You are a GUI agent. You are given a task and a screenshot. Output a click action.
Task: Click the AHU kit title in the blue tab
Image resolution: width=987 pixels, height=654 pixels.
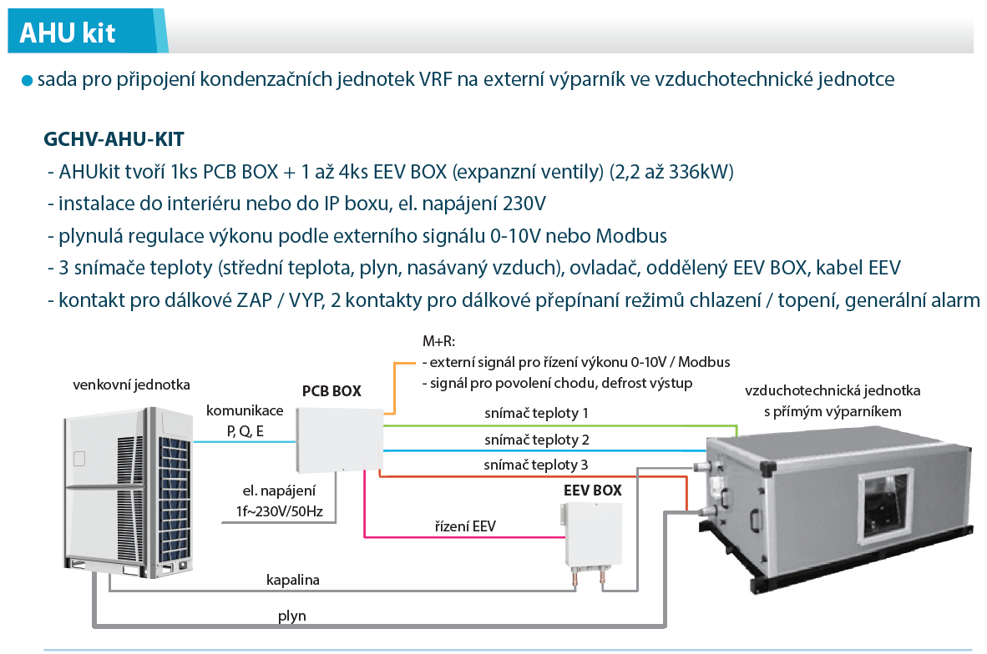point(68,33)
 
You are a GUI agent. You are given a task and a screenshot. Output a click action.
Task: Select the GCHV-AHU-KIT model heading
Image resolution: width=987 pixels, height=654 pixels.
point(114,139)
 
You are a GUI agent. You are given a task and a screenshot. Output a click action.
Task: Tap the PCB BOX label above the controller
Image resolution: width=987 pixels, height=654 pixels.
point(332,391)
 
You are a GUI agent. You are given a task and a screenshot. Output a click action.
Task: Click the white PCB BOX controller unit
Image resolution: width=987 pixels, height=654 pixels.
point(339,440)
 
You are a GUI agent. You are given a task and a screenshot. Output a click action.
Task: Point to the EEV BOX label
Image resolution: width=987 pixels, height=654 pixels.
point(592,490)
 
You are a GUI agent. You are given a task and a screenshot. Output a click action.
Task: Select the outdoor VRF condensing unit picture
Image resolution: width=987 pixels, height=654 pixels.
point(129,492)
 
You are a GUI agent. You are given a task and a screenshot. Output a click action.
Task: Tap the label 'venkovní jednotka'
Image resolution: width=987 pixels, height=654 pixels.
point(132,385)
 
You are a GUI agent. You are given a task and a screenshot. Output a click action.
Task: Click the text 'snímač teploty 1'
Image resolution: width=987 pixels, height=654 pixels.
point(536,413)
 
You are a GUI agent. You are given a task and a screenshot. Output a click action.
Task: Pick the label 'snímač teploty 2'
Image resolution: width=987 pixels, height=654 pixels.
point(537,440)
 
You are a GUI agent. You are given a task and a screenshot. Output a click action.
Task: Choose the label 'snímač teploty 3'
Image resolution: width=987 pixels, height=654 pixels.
point(536,465)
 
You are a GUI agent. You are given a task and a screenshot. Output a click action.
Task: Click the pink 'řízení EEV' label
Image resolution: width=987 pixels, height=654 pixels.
point(465,526)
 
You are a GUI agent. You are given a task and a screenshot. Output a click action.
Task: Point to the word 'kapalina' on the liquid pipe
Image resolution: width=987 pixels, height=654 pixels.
point(293,580)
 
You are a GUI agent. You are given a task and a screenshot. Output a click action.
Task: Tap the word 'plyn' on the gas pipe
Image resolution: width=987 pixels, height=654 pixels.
point(292,616)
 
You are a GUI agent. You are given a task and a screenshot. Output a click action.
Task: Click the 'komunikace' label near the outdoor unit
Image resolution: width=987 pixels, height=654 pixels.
point(245,410)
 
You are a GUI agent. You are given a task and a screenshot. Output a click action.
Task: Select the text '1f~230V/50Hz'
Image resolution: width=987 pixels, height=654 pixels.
point(280,512)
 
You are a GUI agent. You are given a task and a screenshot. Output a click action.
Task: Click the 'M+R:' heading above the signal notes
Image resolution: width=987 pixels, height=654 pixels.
point(438,341)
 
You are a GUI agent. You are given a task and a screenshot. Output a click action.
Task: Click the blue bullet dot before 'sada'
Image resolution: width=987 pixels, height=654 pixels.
point(27,81)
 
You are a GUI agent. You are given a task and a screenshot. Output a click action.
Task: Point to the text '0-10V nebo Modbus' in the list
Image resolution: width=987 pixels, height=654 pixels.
point(579,236)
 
